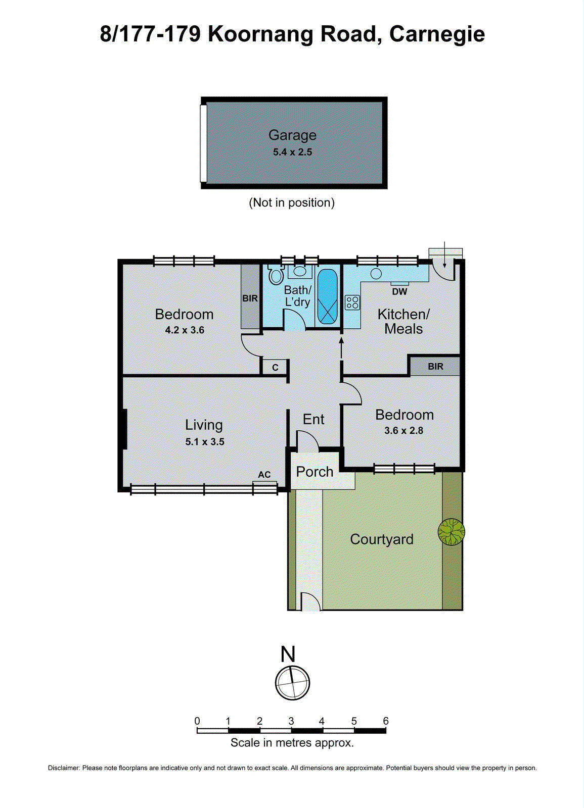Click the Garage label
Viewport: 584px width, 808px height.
[x=292, y=135]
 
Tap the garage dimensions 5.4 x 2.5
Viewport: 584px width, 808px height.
[x=292, y=152]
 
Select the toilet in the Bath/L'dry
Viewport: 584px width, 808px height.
[x=276, y=275]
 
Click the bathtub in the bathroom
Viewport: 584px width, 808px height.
[x=327, y=297]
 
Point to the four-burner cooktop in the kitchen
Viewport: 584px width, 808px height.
[x=352, y=302]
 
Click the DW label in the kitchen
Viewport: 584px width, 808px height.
[x=399, y=291]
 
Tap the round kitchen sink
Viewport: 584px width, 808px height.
[x=376, y=274]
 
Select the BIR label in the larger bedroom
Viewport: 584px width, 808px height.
[x=250, y=298]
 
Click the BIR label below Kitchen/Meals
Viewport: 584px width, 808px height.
[x=435, y=367]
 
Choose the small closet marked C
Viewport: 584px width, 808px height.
[x=275, y=367]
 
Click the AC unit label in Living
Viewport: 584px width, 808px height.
[x=264, y=475]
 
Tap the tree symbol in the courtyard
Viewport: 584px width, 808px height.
[x=451, y=532]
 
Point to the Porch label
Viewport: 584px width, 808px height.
[x=315, y=472]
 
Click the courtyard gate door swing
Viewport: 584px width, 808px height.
[x=310, y=602]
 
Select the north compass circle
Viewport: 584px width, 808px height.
[x=292, y=683]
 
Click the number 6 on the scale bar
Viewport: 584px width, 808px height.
[x=386, y=721]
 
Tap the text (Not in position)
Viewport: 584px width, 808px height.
[x=292, y=203]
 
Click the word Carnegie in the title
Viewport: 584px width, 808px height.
[x=437, y=34]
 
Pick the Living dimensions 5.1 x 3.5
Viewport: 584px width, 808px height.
[x=204, y=442]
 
